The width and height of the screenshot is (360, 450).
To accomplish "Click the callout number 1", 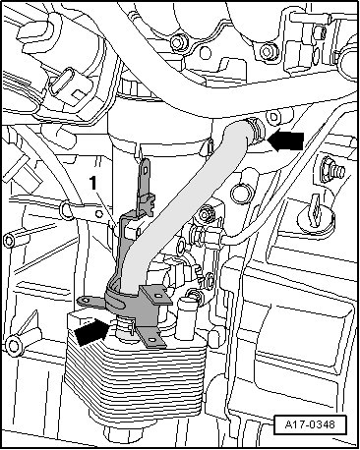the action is (x=93, y=183).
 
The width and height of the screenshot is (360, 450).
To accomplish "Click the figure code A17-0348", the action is (x=310, y=424).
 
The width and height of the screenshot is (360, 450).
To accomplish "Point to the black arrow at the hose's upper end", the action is (x=286, y=141).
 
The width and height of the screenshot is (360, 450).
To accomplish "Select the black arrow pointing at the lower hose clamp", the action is (x=91, y=332).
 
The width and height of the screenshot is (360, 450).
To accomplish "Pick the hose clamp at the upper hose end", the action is (x=258, y=132).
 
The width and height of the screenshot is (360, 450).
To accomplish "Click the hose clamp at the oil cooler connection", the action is (x=126, y=327).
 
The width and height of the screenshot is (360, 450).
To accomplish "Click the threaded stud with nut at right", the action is (x=331, y=169).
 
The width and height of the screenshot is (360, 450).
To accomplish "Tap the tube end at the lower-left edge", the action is (x=14, y=346).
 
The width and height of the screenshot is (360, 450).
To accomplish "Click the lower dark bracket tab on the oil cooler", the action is (x=151, y=338).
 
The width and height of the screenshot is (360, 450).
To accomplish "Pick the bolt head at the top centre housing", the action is (x=177, y=42).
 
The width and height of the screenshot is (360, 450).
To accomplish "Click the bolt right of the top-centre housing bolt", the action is (x=270, y=52).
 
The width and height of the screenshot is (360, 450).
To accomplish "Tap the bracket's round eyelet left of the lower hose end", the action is (x=86, y=300).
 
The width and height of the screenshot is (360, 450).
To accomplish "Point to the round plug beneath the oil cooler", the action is (x=120, y=433).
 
